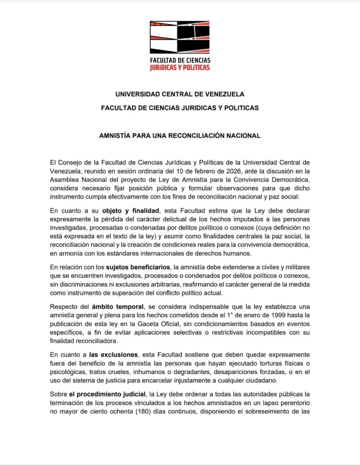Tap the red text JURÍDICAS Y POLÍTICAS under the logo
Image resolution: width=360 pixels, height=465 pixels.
180,67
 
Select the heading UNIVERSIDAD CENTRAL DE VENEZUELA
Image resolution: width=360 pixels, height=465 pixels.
180,94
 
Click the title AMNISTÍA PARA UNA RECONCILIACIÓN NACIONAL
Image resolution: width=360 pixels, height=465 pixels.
180,135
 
